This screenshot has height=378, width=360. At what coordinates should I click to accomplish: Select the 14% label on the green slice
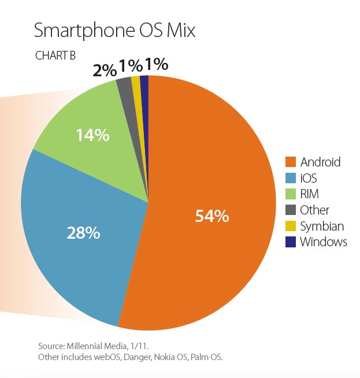[x=92, y=135]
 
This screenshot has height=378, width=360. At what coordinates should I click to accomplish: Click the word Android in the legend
[x=321, y=162]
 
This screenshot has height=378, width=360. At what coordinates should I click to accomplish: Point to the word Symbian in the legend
[x=322, y=226]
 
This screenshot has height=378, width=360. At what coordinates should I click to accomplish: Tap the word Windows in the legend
[x=324, y=242]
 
